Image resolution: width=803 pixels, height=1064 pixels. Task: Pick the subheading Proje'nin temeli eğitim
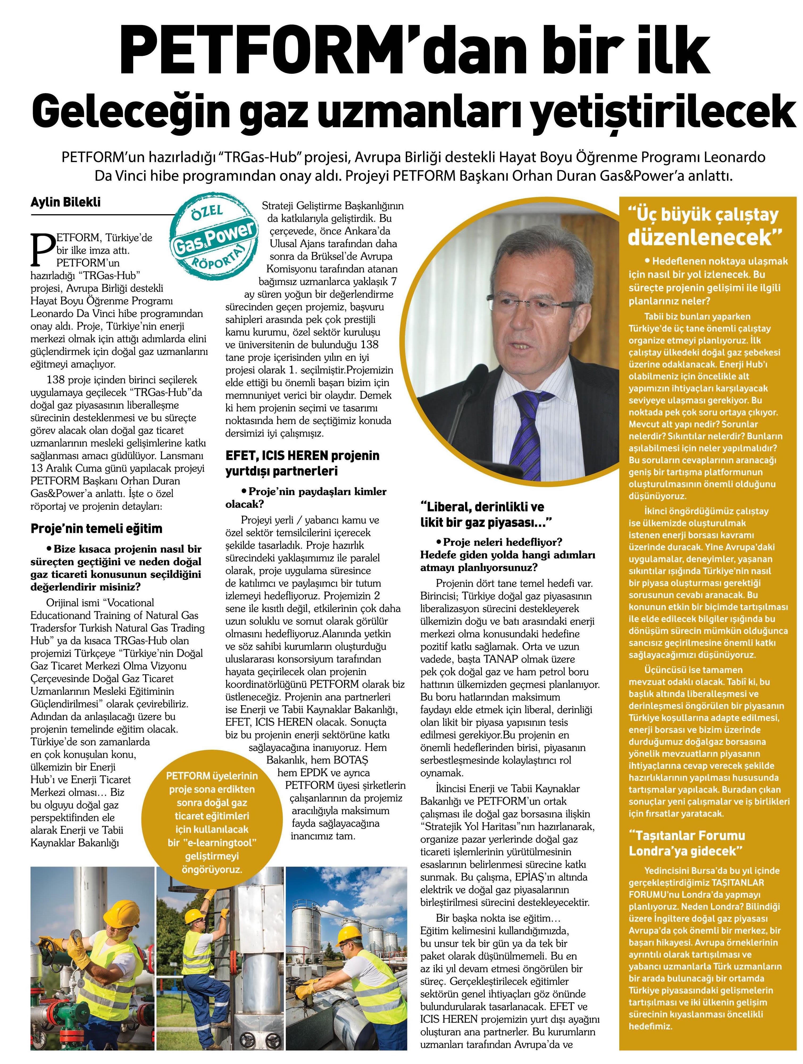[96, 529]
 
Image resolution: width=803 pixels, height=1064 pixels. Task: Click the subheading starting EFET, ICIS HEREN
[302, 463]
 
